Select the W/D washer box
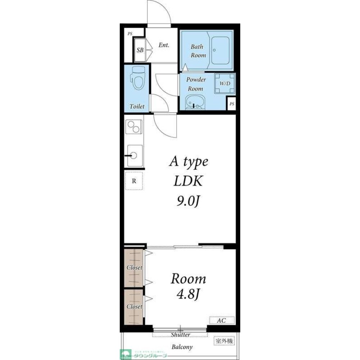click(x=225, y=83)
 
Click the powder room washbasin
click(x=195, y=103)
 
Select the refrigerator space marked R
click(x=134, y=181)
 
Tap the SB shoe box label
click(x=140, y=50)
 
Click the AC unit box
click(x=222, y=320)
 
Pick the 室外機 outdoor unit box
click(x=224, y=340)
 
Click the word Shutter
click(x=180, y=335)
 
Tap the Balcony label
click(x=182, y=347)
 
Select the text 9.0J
click(x=188, y=202)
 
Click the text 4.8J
click(x=188, y=295)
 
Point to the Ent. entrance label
click(x=164, y=45)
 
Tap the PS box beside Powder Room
click(x=232, y=104)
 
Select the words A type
click(x=188, y=162)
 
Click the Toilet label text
click(x=137, y=107)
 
